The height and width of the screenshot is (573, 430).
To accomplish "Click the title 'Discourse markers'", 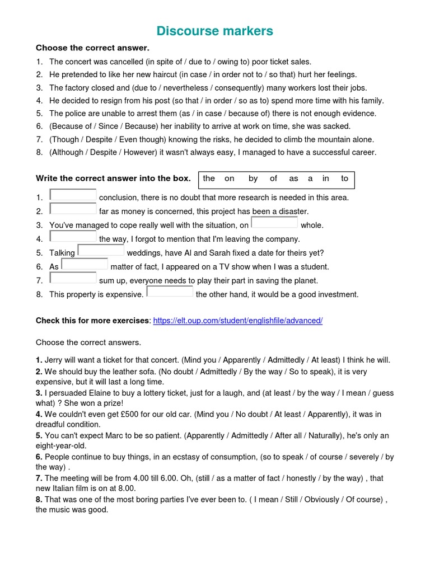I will tap(215, 31).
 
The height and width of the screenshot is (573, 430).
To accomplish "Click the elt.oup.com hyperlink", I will tap(237, 321).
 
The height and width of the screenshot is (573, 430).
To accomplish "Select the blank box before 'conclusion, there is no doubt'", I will tap(73, 195).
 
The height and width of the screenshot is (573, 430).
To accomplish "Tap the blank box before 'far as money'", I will tap(73, 209).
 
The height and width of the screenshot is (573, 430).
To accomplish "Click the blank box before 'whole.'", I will tap(274, 223).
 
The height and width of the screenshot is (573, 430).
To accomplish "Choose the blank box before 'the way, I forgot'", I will tap(73, 237).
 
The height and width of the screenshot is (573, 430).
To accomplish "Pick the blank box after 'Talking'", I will tap(101, 251).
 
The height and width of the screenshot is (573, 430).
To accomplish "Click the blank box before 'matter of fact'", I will tap(85, 264).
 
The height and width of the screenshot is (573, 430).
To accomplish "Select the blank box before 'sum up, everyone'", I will tap(73, 278).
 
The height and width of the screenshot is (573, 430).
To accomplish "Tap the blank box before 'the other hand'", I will tap(170, 292).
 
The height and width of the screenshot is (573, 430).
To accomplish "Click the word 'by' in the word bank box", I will tap(253, 179).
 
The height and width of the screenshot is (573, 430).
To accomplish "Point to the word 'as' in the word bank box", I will tap(293, 179).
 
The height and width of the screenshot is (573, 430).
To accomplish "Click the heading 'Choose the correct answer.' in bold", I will tap(92, 48).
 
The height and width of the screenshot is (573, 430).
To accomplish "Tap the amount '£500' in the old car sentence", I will tap(130, 415).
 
